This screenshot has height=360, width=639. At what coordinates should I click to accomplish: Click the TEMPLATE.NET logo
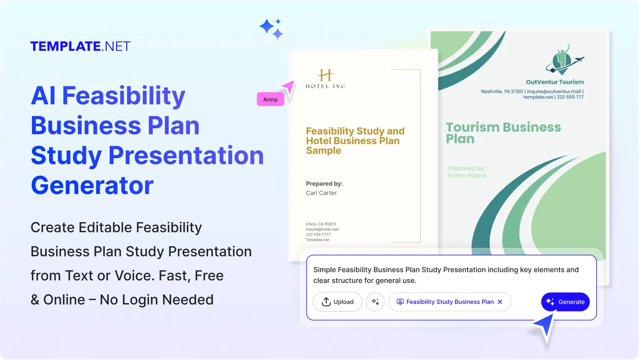coord(80,46)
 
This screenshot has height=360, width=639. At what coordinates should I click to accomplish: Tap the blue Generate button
coord(565,302)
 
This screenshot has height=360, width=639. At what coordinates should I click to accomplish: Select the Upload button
coord(338,302)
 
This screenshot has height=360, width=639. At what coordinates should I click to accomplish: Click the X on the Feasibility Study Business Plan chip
coord(500,302)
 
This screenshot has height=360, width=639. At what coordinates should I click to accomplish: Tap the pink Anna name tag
coord(270,100)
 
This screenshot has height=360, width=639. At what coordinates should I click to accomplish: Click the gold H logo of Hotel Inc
coord(326,75)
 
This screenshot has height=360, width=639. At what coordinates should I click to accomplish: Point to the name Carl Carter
coord(321,193)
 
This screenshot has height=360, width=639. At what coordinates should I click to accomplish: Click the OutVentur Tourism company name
coord(555,82)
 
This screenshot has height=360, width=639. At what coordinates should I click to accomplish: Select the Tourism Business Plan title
coord(503,133)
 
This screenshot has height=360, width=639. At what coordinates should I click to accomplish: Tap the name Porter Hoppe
coord(467,176)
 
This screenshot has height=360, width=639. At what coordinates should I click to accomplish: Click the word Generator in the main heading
coord(92,185)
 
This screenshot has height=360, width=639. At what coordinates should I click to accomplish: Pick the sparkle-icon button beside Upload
coord(375,302)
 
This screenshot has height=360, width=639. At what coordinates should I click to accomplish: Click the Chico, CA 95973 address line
coord(321,224)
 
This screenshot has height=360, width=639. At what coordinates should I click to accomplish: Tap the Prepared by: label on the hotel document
coord(324,184)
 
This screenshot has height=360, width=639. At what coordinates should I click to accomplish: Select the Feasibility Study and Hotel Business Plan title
coord(355,141)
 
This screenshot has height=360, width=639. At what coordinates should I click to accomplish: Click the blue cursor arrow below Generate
coord(545,326)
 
